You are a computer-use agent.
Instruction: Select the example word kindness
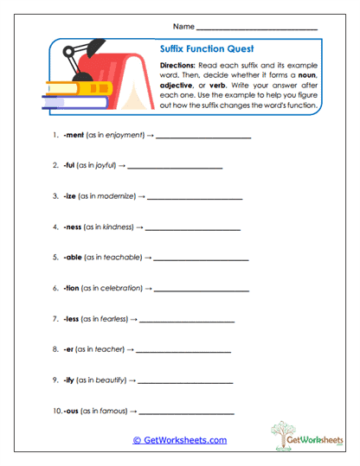(x=119, y=227)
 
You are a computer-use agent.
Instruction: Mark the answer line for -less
(x=187, y=321)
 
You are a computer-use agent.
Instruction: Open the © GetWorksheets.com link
(x=180, y=440)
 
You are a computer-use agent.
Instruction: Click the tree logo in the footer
(x=285, y=436)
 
